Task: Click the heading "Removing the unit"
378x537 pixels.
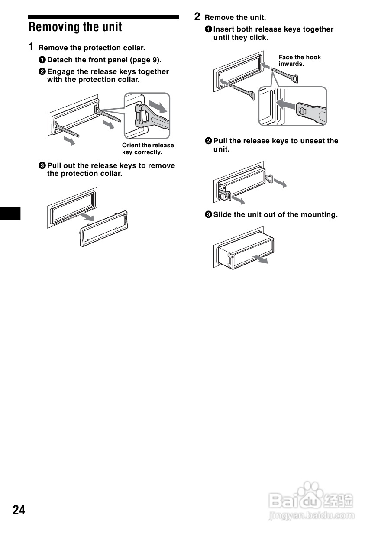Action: (x=75, y=27)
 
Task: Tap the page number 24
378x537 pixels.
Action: (x=19, y=510)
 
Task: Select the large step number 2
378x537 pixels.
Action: (x=197, y=16)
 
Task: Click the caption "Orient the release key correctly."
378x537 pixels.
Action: (x=148, y=149)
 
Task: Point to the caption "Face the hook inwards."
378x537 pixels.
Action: (x=300, y=61)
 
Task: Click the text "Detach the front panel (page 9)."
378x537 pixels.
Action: (x=104, y=60)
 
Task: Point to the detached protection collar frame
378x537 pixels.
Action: (x=104, y=228)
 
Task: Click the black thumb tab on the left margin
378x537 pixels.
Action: (x=10, y=213)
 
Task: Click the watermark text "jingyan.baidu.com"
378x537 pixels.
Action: (x=311, y=516)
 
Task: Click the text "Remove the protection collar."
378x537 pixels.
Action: (x=92, y=48)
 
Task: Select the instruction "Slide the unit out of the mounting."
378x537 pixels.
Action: (x=275, y=214)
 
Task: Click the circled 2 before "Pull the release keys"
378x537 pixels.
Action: (x=208, y=141)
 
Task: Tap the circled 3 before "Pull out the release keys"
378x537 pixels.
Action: (x=42, y=166)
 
